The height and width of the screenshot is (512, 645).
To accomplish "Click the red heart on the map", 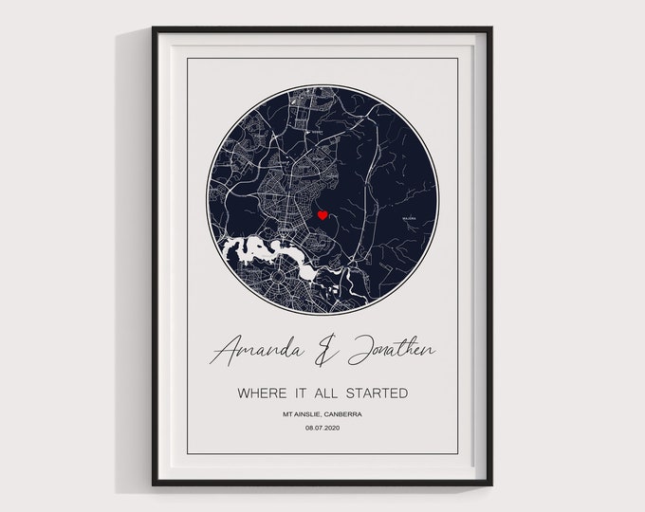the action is coord(322,216).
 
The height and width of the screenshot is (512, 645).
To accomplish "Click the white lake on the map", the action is coord(254,254).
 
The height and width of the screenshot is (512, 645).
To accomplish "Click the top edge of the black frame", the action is coord(322,28).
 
